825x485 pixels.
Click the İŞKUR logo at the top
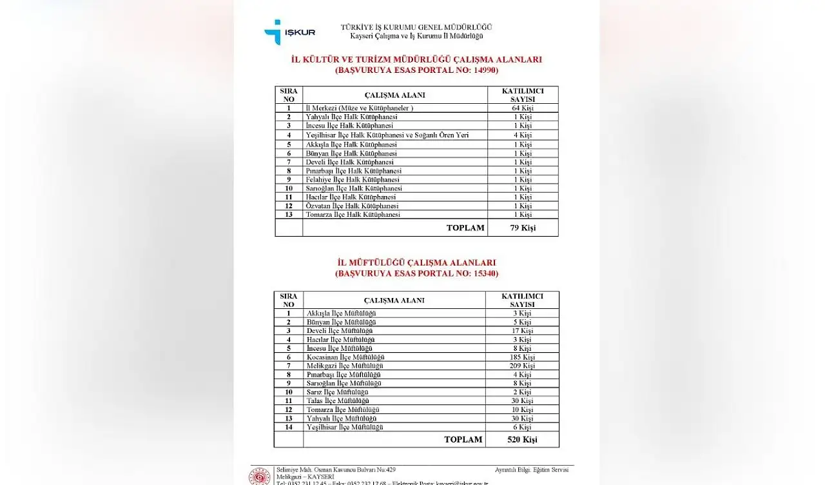coord(289,32)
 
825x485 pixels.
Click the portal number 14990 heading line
coord(416,70)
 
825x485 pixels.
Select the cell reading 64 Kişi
coord(522,108)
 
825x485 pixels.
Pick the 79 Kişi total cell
coord(522,228)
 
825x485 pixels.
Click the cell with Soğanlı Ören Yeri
coord(387,135)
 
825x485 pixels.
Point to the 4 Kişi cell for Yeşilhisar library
coord(522,135)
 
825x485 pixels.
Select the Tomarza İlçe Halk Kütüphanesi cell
coord(353,214)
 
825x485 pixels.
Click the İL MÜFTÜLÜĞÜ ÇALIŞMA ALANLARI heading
coord(416,262)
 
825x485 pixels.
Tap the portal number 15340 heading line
coord(416,273)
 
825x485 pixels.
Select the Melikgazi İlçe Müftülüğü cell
coord(345,366)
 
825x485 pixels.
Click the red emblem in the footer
coord(259,476)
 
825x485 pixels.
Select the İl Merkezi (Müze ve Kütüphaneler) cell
coord(359,108)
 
